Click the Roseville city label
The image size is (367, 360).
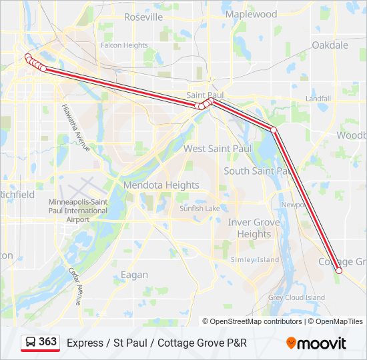[143, 17]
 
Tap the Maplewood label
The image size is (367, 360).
[251, 14]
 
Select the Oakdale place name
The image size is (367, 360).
[330, 45]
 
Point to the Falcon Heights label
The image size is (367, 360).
[124, 45]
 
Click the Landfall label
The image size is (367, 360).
[318, 99]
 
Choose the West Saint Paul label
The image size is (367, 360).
[218, 149]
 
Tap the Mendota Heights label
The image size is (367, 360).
[161, 185]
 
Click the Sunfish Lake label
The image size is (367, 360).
[200, 208]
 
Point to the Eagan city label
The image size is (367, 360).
[134, 275]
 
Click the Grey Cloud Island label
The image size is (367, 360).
[296, 297]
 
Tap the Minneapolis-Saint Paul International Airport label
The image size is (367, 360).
[77, 210]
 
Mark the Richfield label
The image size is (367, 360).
[16, 195]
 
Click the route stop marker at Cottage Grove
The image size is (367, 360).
[339, 271]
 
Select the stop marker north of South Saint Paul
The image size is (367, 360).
[274, 129]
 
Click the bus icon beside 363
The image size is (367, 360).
[31, 343]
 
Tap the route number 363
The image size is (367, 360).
[48, 342]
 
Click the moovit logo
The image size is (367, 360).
[316, 343]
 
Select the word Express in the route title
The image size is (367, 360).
[83, 343]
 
